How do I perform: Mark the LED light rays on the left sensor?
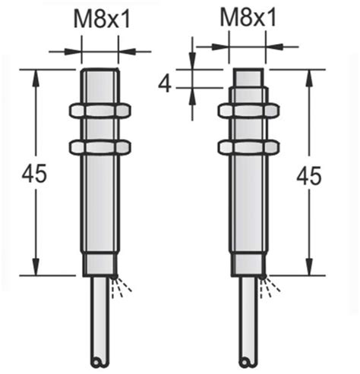tap(122, 285)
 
